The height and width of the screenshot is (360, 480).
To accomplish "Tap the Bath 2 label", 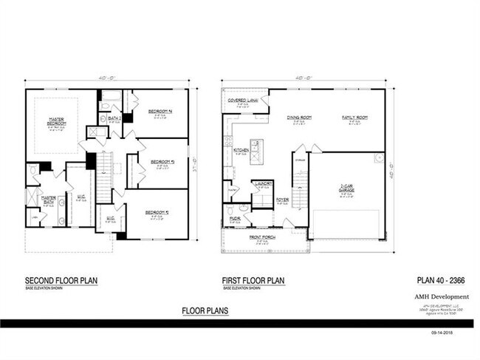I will click(114, 118).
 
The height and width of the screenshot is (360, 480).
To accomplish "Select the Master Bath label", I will click(49, 197).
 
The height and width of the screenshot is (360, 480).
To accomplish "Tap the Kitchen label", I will click(241, 150).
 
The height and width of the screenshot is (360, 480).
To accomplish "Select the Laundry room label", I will click(264, 183).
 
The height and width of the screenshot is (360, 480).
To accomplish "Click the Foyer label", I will click(282, 199).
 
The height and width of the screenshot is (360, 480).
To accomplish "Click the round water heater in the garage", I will click(379, 157).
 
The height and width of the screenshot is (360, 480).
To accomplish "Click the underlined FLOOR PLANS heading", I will click(205, 311).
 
